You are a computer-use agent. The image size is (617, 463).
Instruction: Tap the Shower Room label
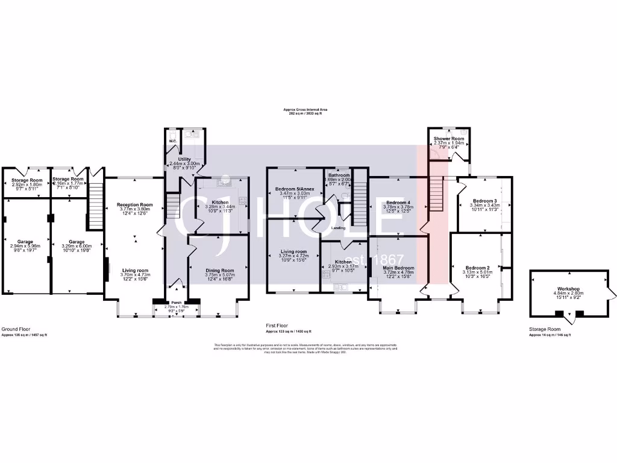click(x=449, y=138)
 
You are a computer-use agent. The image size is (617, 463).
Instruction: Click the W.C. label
click(x=172, y=141)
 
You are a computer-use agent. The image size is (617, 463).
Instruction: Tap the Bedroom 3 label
click(x=484, y=201)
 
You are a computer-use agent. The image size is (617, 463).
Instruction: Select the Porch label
click(x=176, y=302)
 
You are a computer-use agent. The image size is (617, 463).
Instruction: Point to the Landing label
click(x=338, y=228)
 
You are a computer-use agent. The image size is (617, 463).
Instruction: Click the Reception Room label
click(x=134, y=205)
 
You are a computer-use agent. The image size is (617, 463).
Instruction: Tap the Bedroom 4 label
click(x=398, y=202)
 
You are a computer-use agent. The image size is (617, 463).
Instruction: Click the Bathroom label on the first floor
click(x=339, y=175)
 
